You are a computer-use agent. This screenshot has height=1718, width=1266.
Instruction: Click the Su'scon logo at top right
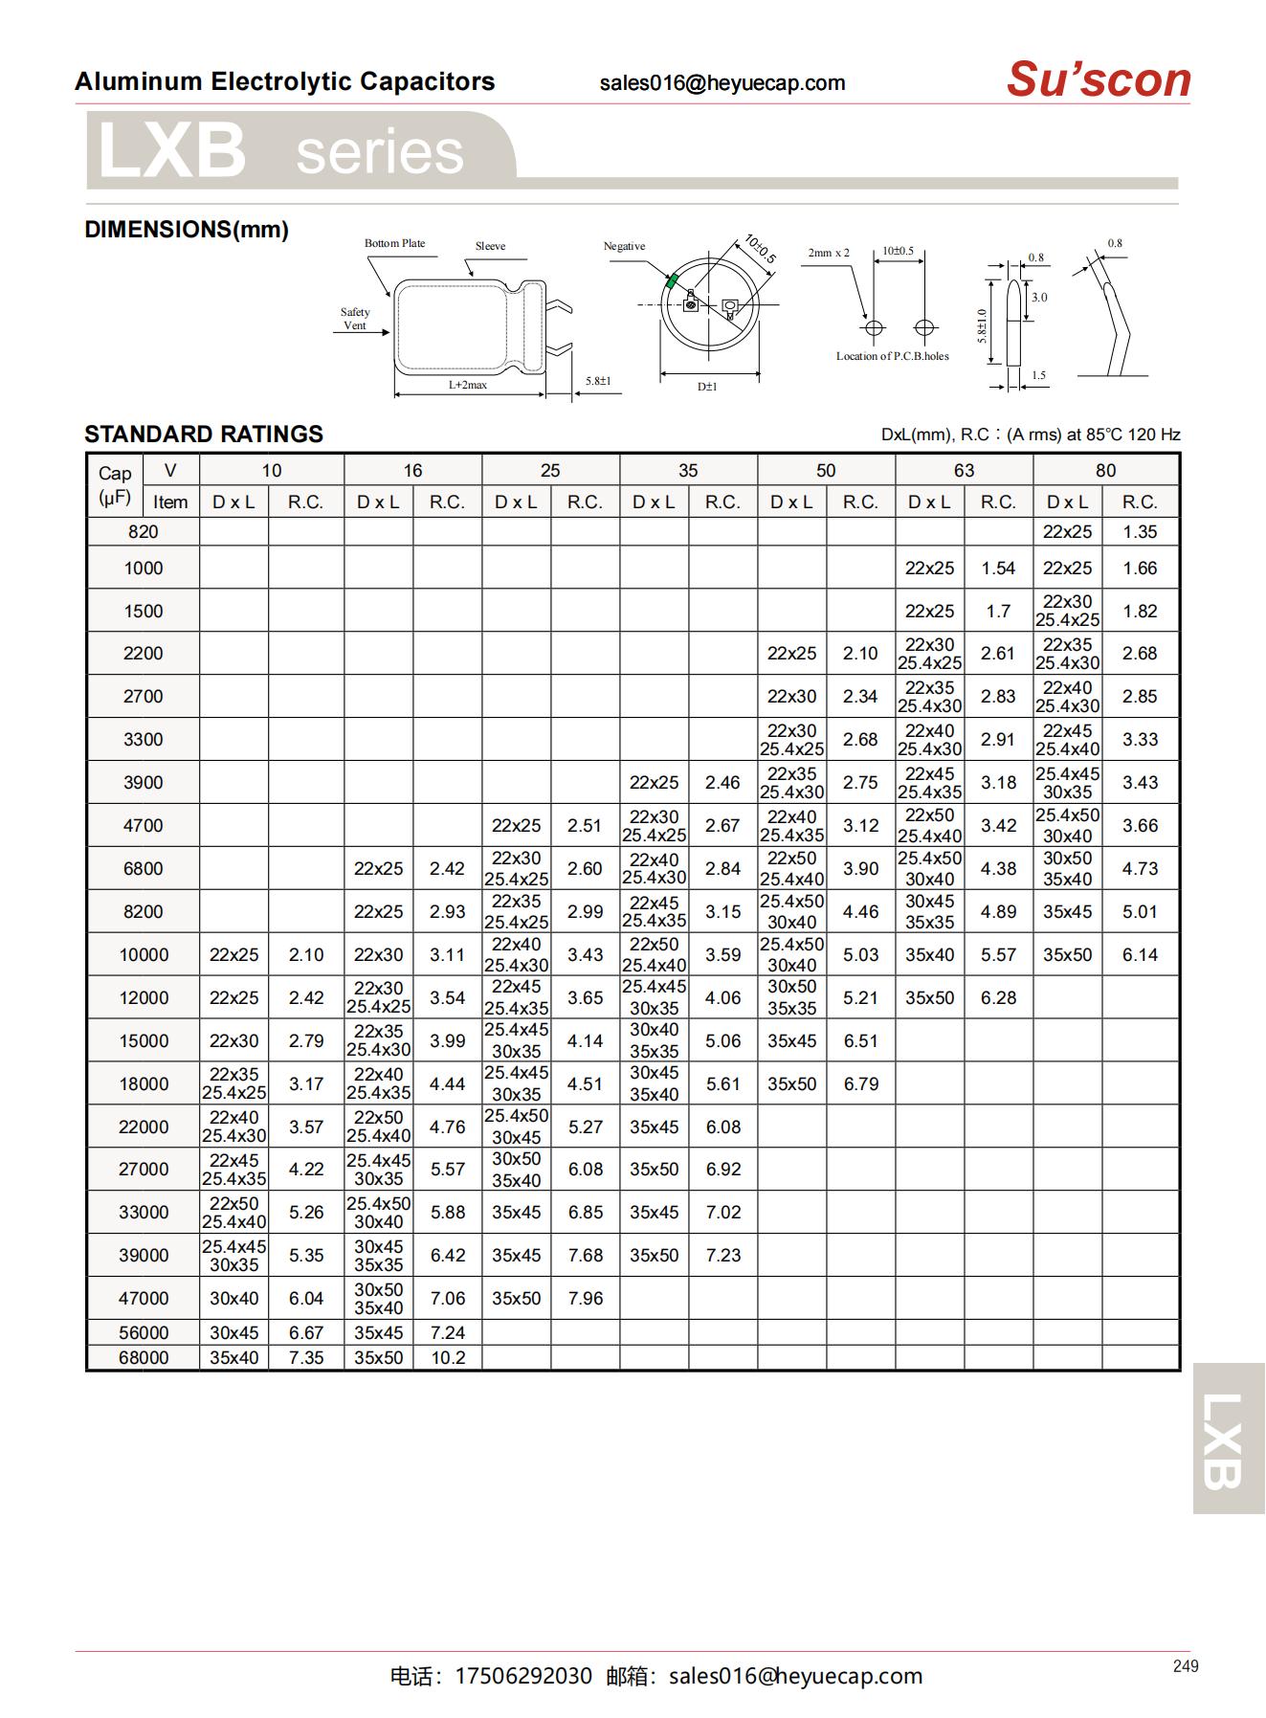click(1098, 79)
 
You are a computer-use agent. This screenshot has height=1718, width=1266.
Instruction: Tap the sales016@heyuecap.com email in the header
click(722, 83)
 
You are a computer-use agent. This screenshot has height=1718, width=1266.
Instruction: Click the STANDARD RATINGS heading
click(204, 435)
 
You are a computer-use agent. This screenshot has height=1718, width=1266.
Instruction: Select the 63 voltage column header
click(964, 470)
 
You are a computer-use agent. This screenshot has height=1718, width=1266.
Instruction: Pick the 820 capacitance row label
click(144, 532)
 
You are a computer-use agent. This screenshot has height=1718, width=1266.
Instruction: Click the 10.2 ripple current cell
click(448, 1357)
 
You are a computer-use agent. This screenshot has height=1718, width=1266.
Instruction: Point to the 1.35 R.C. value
click(1140, 532)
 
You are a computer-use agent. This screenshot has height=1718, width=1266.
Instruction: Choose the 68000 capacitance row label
click(144, 1357)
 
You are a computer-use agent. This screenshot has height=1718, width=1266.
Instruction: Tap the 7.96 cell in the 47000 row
click(585, 1298)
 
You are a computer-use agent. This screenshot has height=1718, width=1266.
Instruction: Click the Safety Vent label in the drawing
click(355, 319)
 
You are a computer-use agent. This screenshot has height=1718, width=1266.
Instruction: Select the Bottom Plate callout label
click(394, 243)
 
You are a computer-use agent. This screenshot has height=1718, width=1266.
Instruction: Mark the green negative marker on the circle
click(672, 280)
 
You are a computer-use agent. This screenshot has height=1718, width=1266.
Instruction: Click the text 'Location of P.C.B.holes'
click(892, 356)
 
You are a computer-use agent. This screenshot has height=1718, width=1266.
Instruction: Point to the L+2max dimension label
click(468, 385)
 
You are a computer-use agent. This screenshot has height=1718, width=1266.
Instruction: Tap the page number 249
click(1185, 1666)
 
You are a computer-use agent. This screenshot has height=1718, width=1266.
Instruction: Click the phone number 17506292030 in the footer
click(523, 1676)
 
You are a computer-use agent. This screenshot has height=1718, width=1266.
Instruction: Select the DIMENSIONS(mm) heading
click(187, 230)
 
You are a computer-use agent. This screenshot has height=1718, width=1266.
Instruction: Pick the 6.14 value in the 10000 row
click(1140, 954)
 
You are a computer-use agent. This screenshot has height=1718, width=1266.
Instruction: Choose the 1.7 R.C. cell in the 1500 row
click(998, 611)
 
